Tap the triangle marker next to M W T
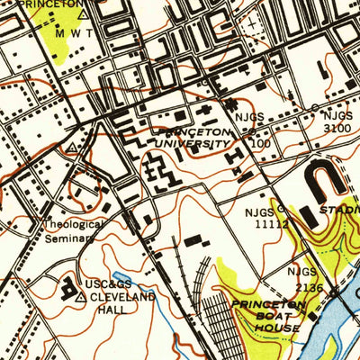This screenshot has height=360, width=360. pos(84,14)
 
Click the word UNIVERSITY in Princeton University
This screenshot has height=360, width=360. pos(192,143)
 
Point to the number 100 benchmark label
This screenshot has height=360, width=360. pos(261,143)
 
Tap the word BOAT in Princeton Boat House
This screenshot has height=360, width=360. pos(269,317)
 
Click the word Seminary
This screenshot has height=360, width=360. pos(70,239)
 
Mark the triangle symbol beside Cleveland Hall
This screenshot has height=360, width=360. pos(80,296)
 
